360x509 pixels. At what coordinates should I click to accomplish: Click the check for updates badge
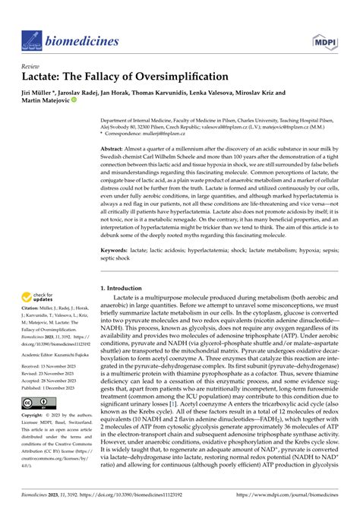[41, 299]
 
